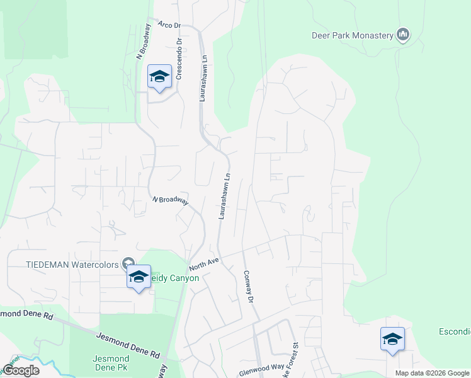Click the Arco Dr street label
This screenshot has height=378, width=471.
tap(169, 25)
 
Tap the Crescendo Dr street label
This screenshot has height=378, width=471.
tap(179, 59)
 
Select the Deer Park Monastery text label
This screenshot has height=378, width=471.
tap(352, 35)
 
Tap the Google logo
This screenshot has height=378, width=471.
tap(21, 370)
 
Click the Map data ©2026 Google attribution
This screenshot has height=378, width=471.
tap(432, 373)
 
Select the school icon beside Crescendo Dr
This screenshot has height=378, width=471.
tap(160, 77)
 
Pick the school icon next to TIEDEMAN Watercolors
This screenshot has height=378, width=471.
tap(139, 277)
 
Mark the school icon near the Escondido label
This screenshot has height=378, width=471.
tap(392, 339)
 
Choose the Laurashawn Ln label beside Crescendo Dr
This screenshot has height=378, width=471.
tap(203, 79)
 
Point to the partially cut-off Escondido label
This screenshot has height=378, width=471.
tap(455, 331)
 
